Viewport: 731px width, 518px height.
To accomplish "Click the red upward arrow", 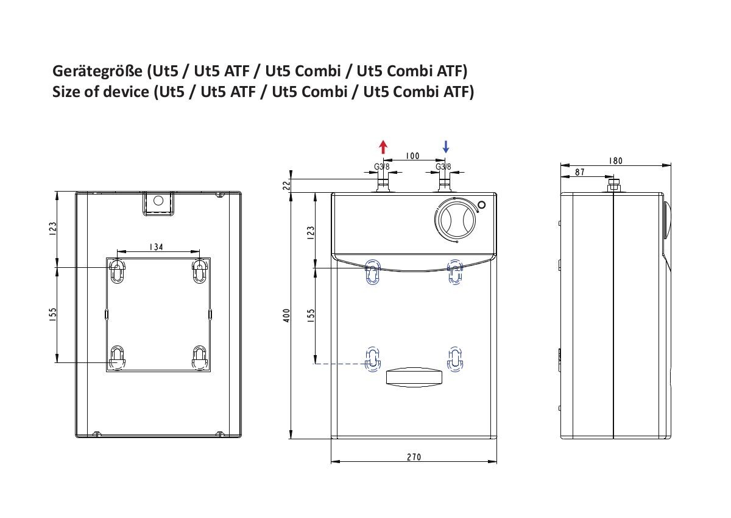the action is [x=383, y=147].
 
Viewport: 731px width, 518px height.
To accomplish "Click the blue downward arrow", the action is [x=446, y=147].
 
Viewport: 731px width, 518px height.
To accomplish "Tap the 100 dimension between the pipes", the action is [x=412, y=156].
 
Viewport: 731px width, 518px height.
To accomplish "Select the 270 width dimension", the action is [x=414, y=457].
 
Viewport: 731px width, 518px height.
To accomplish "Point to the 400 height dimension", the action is [x=286, y=315].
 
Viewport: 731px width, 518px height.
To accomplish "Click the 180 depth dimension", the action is [x=615, y=161].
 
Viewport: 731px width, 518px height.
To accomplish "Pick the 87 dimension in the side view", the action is [x=579, y=172].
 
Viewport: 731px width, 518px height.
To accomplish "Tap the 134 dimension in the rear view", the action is [x=157, y=247].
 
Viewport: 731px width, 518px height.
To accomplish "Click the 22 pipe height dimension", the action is [x=286, y=185].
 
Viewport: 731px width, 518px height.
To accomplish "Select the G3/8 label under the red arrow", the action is [x=381, y=167].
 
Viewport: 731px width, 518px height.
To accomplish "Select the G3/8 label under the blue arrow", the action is [x=443, y=167].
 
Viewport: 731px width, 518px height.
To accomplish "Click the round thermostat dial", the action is [x=457, y=220].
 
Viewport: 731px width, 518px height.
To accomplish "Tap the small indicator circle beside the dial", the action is [x=481, y=205].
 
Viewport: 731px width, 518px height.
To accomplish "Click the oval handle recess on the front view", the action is [x=414, y=378].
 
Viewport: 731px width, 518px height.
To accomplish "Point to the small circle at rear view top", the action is [x=158, y=200].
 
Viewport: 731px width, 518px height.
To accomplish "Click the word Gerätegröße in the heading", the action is [x=97, y=71].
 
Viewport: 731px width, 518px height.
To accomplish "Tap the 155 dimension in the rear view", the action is [x=53, y=315].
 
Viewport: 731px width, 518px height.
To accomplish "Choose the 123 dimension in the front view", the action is [x=311, y=232].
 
